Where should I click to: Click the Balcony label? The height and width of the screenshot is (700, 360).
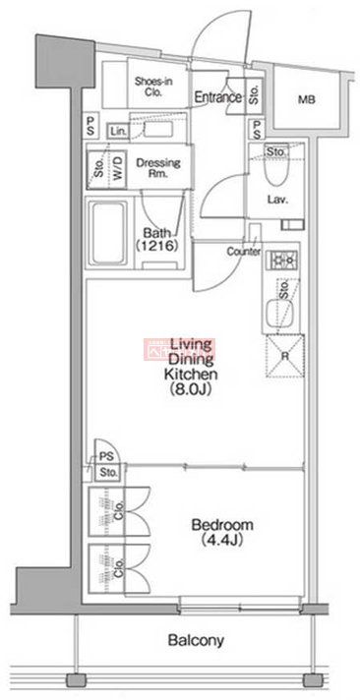(x=195, y=641)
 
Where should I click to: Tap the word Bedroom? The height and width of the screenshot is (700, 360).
(x=221, y=525)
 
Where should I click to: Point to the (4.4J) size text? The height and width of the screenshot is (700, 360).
(x=221, y=540)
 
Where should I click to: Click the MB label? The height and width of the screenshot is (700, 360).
(x=308, y=99)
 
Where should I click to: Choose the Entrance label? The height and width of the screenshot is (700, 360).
(x=217, y=96)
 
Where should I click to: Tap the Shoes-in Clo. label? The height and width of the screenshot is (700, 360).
(x=153, y=89)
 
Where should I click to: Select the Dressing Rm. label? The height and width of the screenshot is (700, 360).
(x=154, y=166)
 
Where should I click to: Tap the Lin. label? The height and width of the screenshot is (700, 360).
(x=119, y=131)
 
